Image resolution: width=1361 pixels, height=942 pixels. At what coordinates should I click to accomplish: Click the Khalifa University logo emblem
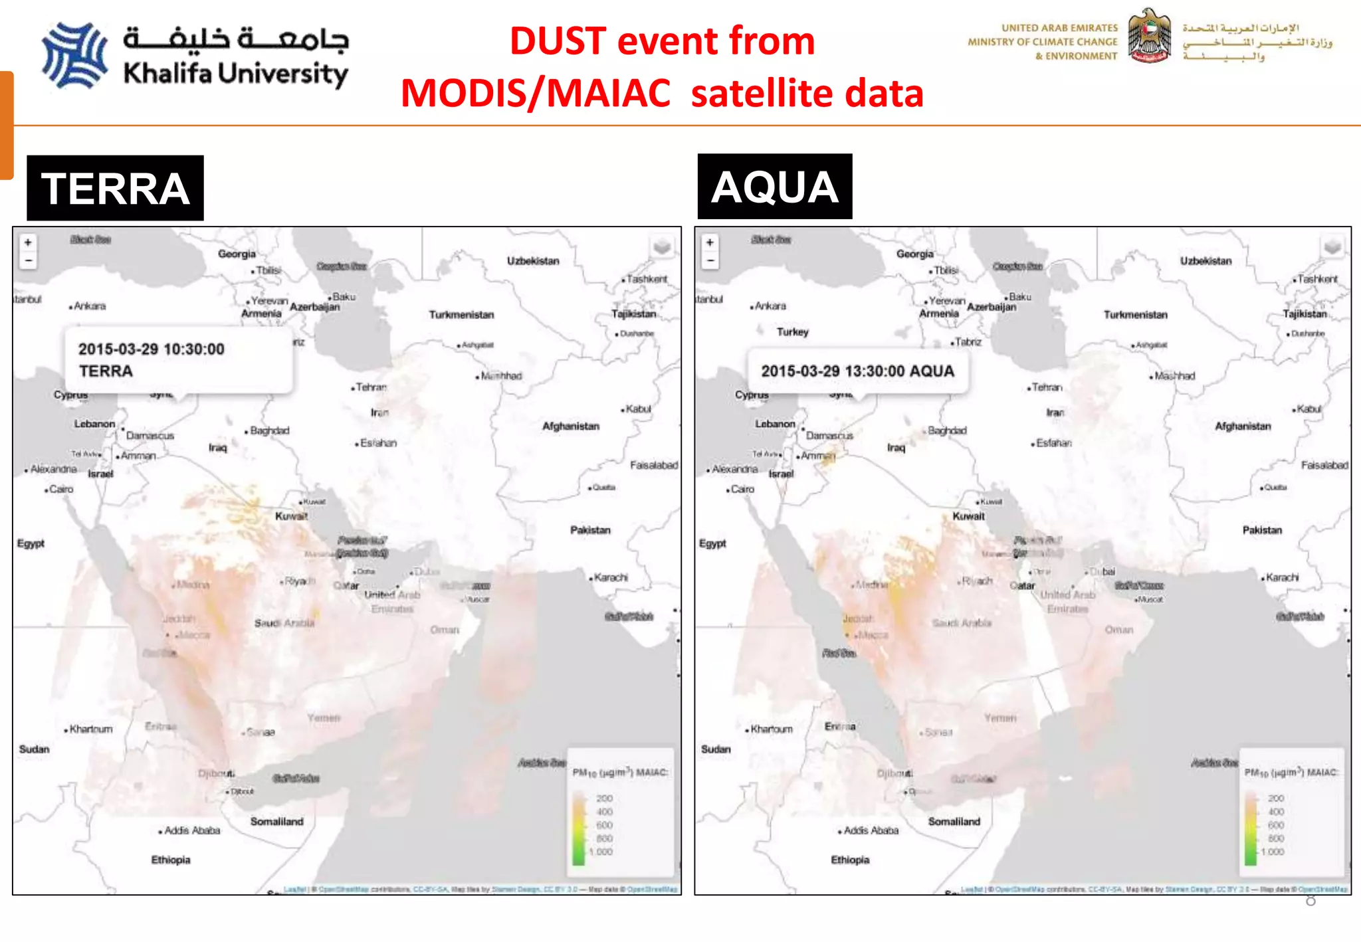coord(74,56)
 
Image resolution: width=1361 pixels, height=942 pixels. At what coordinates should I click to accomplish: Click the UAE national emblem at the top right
coord(1150,37)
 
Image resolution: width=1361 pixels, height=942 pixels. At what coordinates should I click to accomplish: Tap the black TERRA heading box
coord(115,188)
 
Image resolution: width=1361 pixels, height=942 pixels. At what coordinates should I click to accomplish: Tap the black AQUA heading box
coord(775,187)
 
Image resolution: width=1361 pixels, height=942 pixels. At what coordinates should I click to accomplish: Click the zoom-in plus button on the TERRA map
coord(28,242)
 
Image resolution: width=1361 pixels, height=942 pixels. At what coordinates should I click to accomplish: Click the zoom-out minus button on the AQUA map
coord(710,260)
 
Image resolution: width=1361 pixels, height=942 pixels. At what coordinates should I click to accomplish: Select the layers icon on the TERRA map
coord(662,247)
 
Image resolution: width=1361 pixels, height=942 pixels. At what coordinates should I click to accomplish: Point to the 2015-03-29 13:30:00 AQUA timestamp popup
coord(857,371)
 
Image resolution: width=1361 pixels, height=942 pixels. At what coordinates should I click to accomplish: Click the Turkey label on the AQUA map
coord(792,331)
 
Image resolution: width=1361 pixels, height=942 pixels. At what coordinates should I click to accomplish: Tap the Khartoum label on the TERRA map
coord(91,729)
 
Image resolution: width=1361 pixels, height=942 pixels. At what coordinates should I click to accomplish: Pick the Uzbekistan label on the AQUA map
coord(1205,261)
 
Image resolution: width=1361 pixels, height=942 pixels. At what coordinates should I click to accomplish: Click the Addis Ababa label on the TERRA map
coord(191,830)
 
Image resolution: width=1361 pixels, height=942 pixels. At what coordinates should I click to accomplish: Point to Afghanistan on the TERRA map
coord(570,426)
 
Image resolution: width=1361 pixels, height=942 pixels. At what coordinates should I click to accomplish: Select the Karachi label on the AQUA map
coord(1282,577)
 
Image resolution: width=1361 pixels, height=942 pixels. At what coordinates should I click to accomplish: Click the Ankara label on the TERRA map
coord(90,306)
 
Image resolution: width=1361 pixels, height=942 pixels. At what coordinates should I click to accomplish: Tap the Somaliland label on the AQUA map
coord(954,822)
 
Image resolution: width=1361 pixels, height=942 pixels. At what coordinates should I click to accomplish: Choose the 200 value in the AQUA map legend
coord(1276,798)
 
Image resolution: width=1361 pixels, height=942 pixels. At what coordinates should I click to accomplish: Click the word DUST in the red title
coord(558,41)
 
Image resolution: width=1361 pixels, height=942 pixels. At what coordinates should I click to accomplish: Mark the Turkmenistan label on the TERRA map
coord(461,315)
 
